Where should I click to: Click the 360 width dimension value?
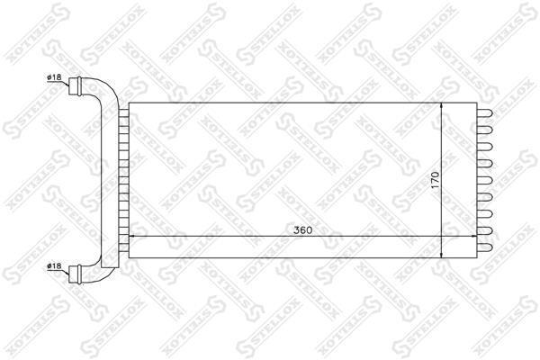point(302,229)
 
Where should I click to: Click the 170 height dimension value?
point(435,180)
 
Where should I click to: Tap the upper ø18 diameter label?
point(54,77)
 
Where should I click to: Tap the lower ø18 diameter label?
point(54,266)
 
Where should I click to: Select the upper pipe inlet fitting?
point(75,86)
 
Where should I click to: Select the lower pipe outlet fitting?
point(75,274)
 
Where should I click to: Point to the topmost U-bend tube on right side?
point(485,113)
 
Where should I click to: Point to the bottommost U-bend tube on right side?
point(485,247)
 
